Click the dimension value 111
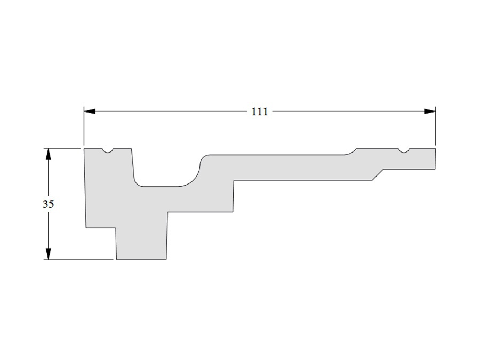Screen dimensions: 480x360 click(x=260, y=112)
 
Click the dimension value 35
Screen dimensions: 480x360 click(x=48, y=204)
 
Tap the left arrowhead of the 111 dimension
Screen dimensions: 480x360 click(x=90, y=111)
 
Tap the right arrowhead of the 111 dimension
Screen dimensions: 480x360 click(x=430, y=111)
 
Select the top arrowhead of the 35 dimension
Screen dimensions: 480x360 click(x=48, y=154)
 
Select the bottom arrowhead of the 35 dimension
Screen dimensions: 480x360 click(x=48, y=254)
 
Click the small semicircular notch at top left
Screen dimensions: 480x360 click(x=107, y=150)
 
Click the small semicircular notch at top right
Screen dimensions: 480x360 click(x=404, y=150)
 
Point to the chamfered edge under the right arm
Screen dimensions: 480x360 click(x=378, y=174)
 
